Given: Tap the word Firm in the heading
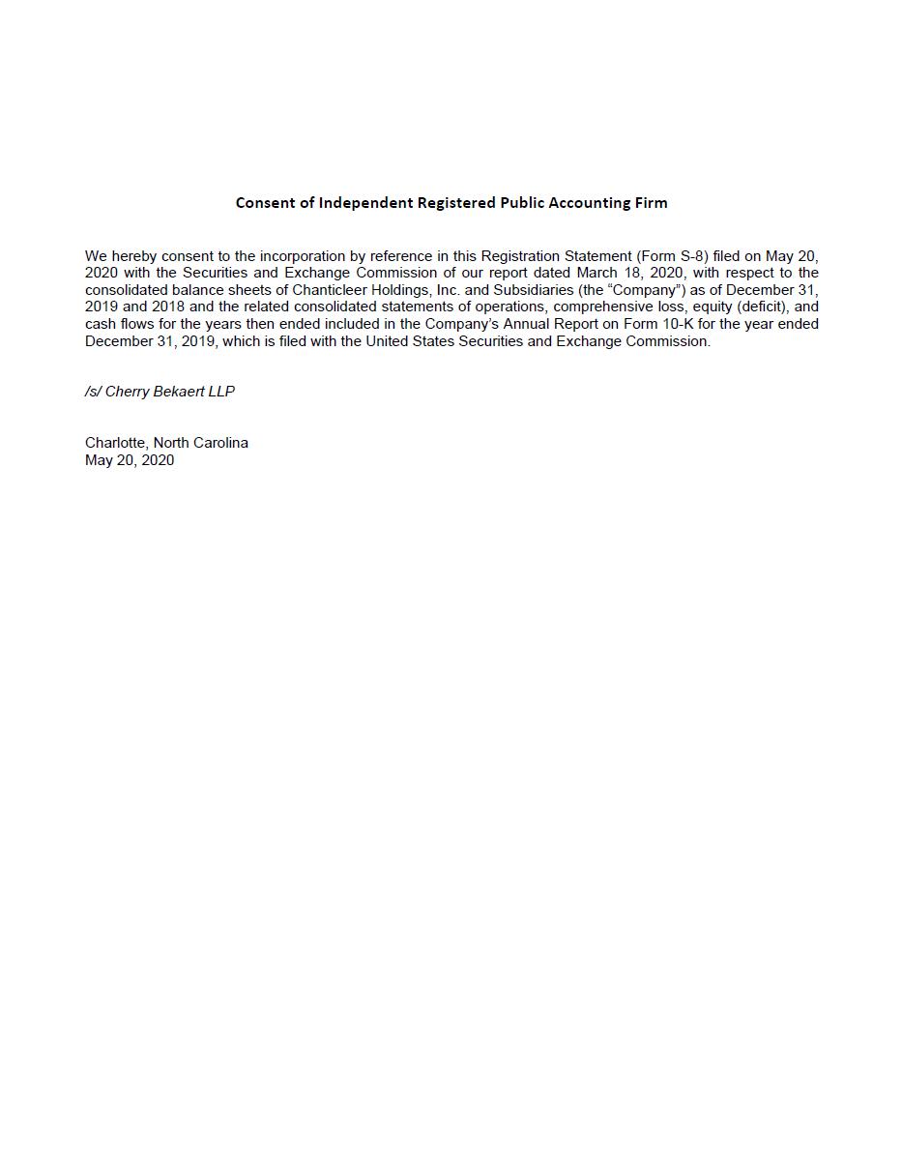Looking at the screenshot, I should [x=651, y=203].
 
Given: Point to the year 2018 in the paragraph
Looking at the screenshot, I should [x=168, y=307].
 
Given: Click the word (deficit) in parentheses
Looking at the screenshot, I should [x=761, y=307].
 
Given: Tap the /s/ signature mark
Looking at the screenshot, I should [x=93, y=392].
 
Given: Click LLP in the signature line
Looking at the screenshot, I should [x=221, y=392].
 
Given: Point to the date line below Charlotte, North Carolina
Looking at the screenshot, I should [x=130, y=460].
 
